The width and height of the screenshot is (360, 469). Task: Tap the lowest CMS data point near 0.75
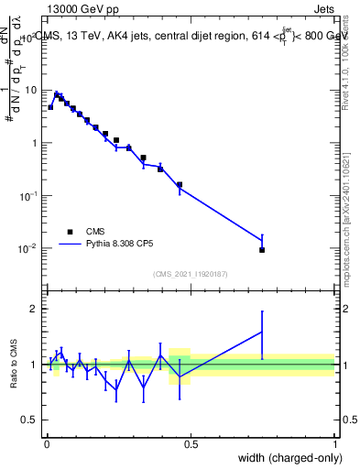tap(262, 250)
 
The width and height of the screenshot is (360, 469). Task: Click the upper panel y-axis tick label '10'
tap(31, 90)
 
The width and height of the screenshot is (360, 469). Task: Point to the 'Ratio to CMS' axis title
tap(13, 365)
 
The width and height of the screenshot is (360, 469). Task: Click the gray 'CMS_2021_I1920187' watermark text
tap(191, 274)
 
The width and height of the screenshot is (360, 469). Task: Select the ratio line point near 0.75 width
tap(262, 332)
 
